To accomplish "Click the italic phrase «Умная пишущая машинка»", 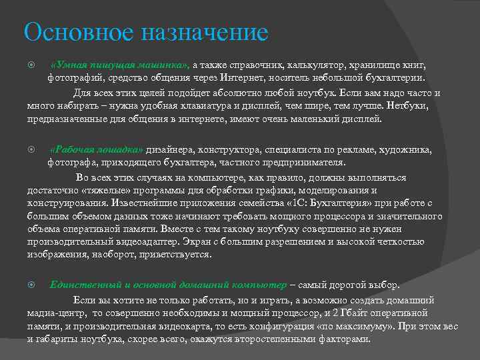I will click(121, 65).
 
